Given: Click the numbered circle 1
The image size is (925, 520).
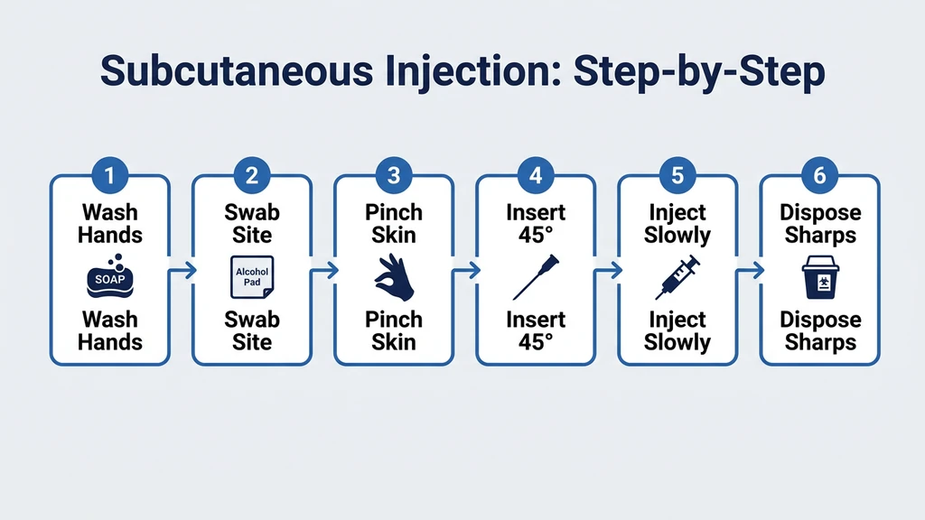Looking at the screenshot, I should click(109, 174).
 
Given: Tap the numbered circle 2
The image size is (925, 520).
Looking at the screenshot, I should click(251, 174).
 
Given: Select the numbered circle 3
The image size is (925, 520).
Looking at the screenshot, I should click(393, 174).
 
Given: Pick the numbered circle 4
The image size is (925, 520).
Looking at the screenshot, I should click(535, 174).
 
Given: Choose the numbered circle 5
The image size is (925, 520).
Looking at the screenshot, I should click(677, 174).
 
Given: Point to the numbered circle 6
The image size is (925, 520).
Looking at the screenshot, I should click(818, 174).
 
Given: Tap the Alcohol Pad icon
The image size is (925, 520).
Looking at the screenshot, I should click(252, 277).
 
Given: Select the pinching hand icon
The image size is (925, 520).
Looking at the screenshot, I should click(394, 277).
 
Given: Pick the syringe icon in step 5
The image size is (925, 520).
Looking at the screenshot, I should click(677, 277).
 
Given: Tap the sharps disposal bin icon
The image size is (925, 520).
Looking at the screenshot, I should click(818, 277).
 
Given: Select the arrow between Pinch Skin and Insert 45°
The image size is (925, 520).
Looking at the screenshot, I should click(465, 269).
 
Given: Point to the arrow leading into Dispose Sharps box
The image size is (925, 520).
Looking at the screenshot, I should click(749, 269).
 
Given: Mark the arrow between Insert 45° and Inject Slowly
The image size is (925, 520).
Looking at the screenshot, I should click(607, 269).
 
